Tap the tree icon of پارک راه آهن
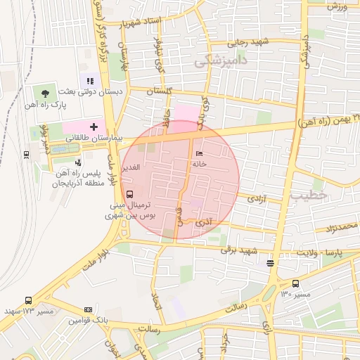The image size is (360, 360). tap(46, 93)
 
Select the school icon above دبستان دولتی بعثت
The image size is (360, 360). tap(89, 82)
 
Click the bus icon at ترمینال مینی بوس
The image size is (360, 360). tap(129, 194)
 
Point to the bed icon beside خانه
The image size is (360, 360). tap(200, 153)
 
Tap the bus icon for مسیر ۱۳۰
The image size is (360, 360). tap(295, 284)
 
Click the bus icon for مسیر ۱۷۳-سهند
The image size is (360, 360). tap(27, 300)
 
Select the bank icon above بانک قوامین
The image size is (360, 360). tap(88, 309)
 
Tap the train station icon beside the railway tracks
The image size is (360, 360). tap(26, 153)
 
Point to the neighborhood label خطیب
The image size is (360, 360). tap(309, 196)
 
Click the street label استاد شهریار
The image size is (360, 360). tap(141, 22)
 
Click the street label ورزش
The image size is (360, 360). tap(338, 6)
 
